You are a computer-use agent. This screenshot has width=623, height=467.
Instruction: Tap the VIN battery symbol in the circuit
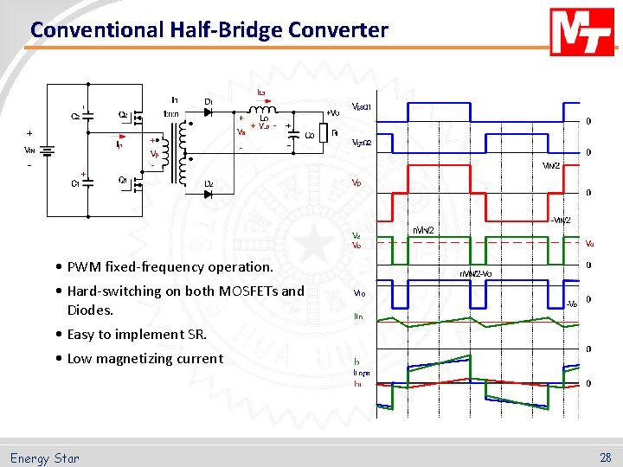click(48, 150)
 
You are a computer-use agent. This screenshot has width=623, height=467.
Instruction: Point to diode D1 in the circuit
click(209, 112)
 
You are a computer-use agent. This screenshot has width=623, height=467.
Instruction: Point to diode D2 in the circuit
click(209, 194)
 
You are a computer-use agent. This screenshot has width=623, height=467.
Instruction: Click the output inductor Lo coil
click(260, 111)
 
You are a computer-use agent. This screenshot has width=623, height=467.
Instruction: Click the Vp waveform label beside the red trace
click(356, 183)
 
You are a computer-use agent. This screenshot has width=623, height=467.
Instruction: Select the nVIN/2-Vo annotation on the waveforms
click(477, 273)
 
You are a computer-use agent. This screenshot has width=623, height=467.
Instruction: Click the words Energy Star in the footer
click(45, 458)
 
